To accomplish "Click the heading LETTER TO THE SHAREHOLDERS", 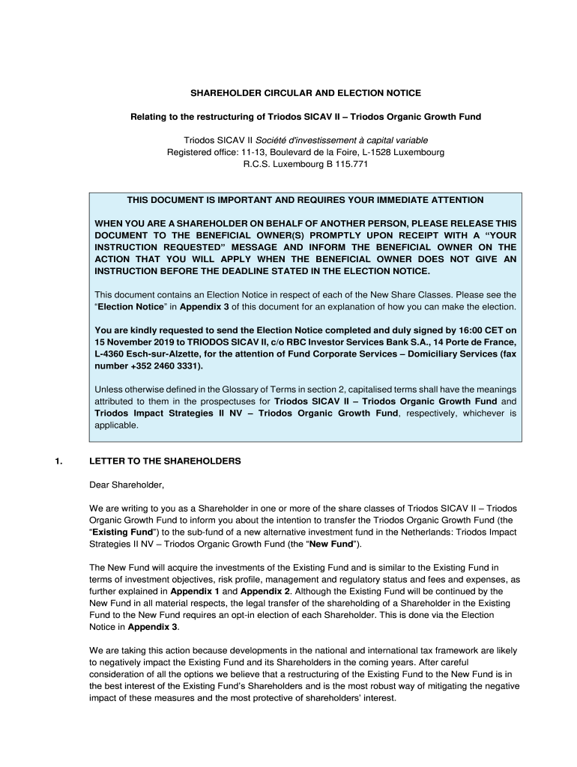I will click(165, 461).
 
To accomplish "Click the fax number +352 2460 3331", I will click(164, 366).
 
